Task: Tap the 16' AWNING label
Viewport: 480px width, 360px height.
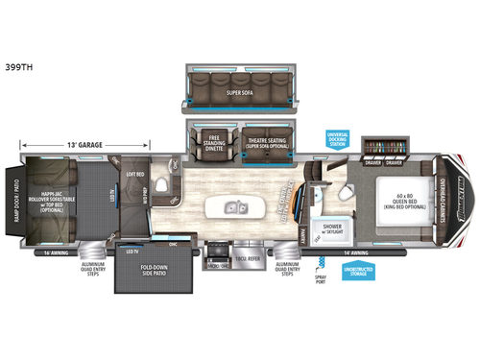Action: coord(34,252)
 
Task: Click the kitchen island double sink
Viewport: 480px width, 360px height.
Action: coord(235,207)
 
